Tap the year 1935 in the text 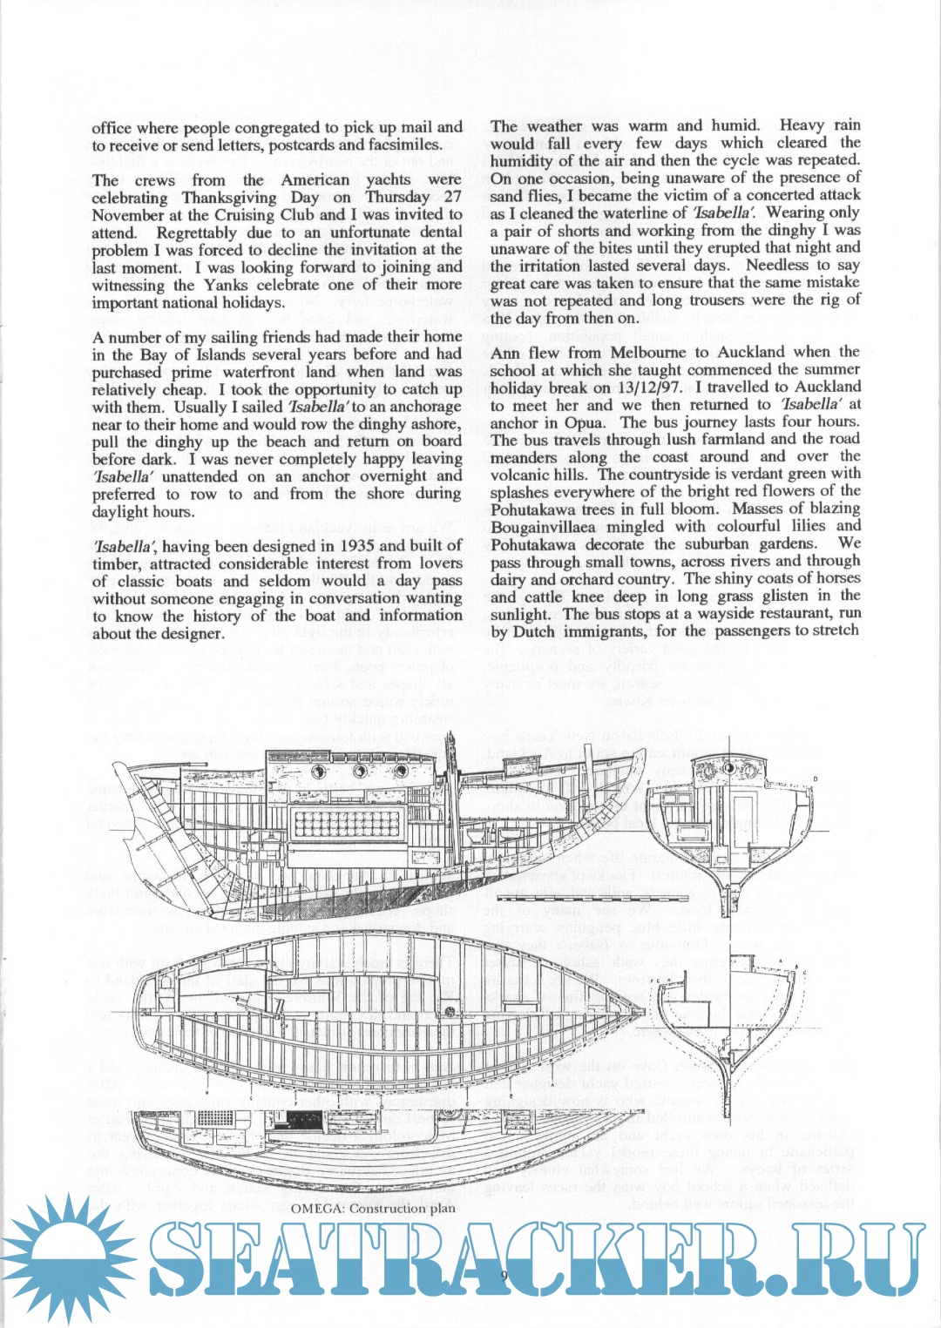(x=350, y=546)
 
